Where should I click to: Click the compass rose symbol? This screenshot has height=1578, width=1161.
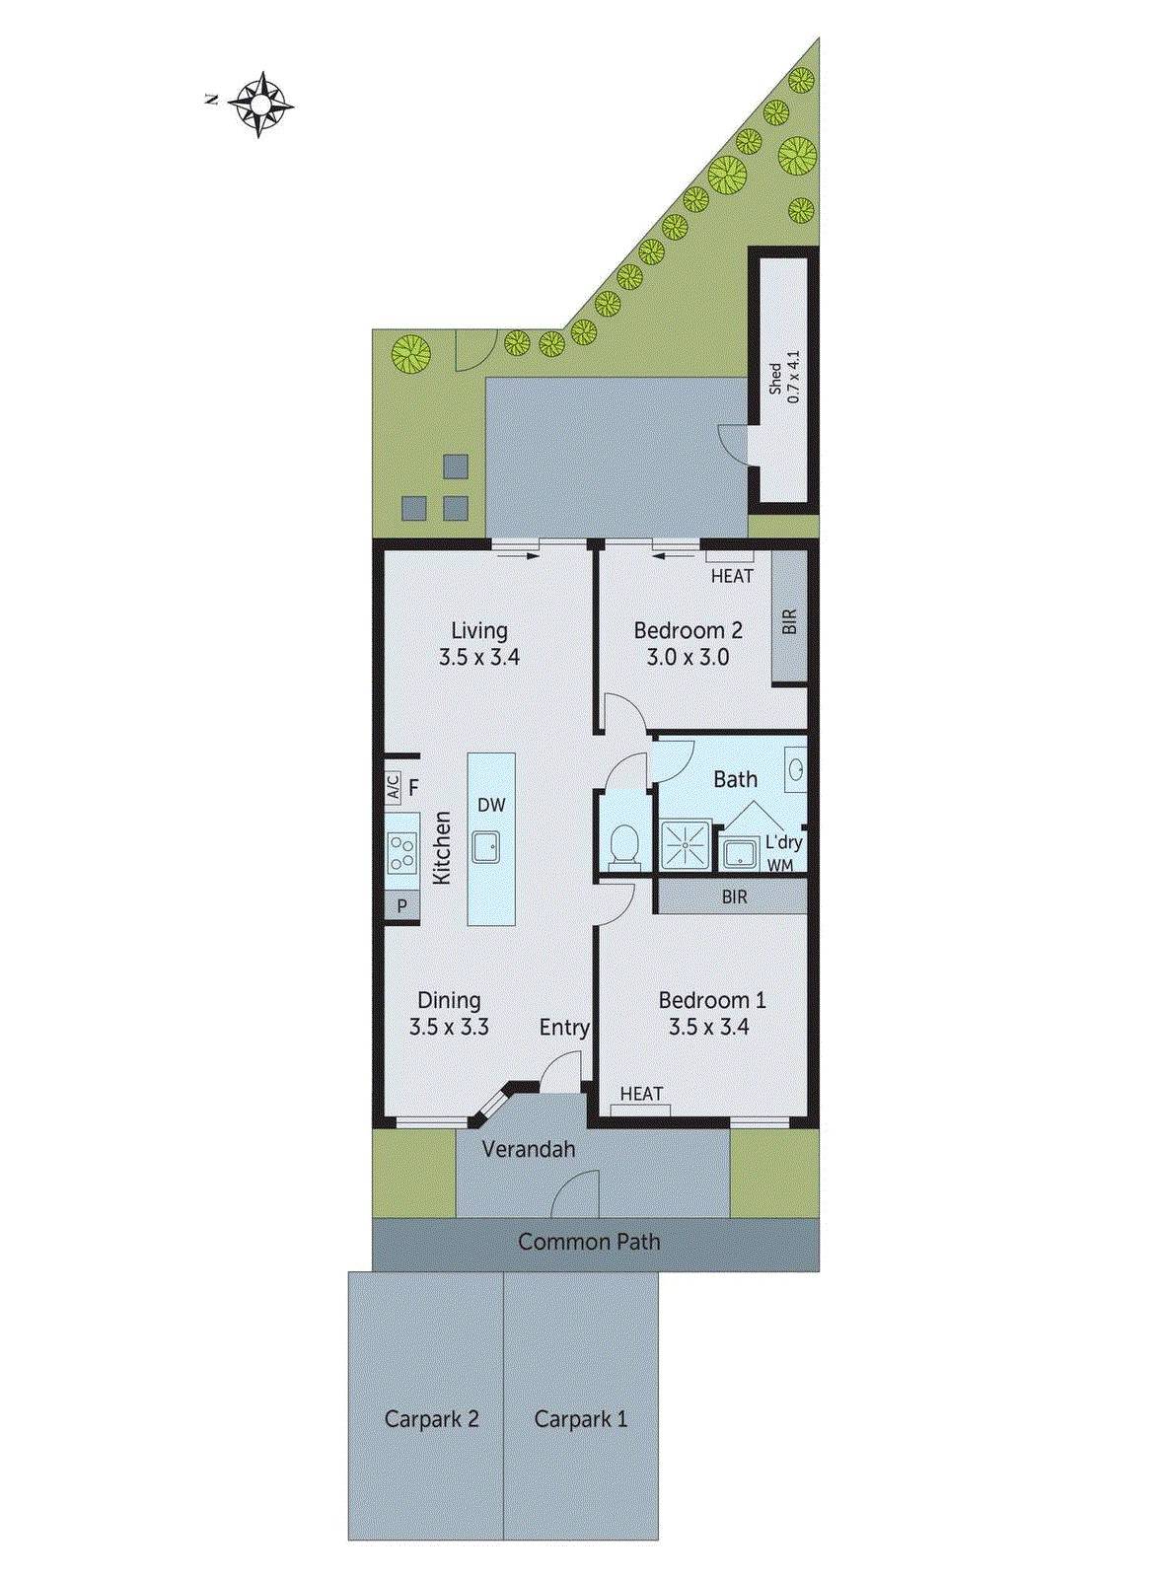[261, 104]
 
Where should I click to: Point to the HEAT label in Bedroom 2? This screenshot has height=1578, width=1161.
[732, 576]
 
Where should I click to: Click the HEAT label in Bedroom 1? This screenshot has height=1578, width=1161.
[641, 1094]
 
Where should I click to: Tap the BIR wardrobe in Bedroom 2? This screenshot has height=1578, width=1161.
[788, 620]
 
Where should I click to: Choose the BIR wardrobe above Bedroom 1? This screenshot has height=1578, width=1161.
[734, 897]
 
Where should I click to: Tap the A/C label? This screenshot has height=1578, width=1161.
[393, 787]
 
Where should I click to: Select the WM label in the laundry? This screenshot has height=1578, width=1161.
[780, 864]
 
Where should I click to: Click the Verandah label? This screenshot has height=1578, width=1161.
[529, 1149]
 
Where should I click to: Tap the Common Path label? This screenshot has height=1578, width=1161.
[589, 1242]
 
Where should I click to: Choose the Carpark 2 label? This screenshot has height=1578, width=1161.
[431, 1419]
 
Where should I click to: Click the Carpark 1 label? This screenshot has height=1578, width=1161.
[580, 1419]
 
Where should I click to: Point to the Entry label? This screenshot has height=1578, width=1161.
[564, 1028]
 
